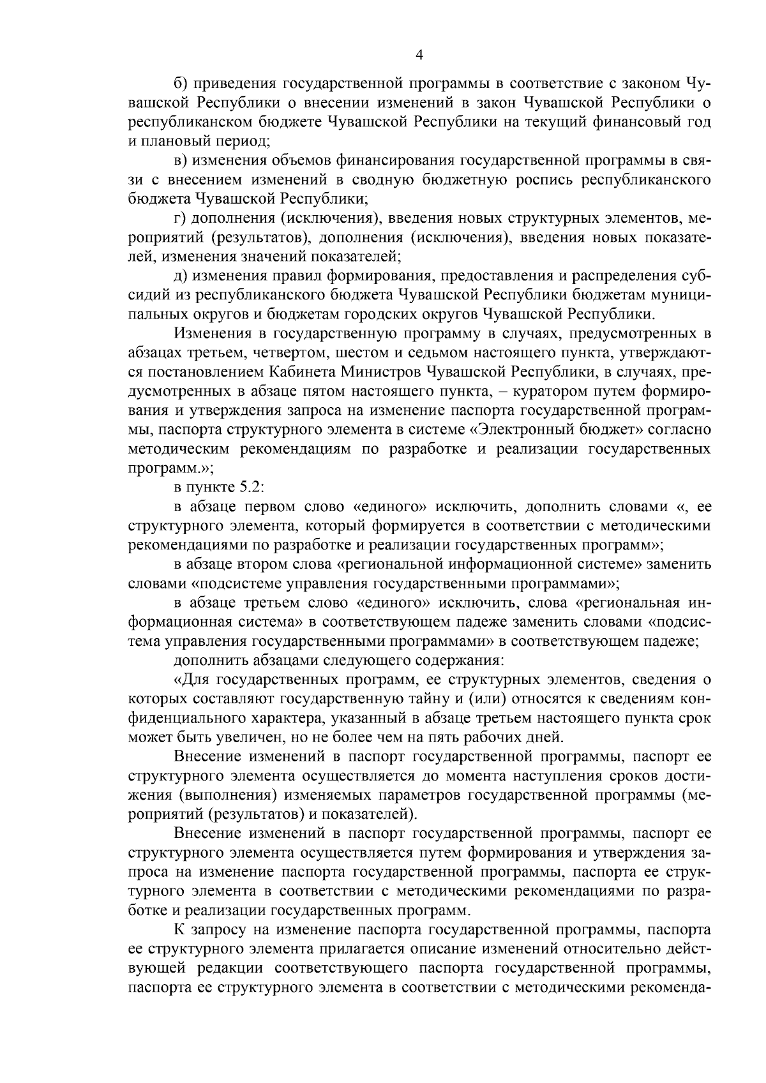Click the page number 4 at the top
point(419,55)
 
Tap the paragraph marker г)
point(181,218)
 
